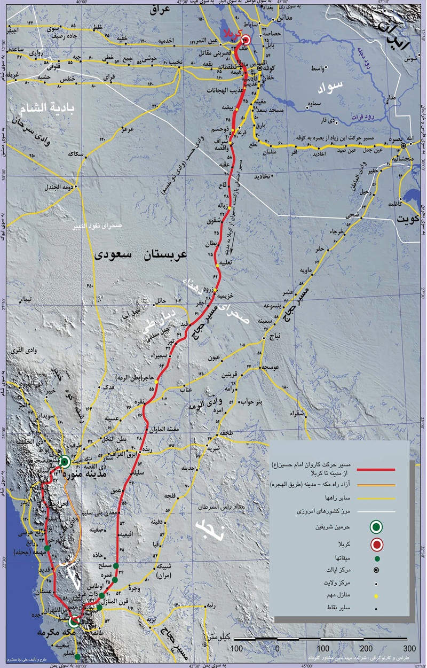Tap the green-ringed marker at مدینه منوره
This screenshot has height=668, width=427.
(65, 462)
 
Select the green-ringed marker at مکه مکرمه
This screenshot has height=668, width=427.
(74, 622)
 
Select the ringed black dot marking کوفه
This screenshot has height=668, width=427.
(260, 69)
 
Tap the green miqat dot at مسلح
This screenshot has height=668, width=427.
(116, 566)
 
